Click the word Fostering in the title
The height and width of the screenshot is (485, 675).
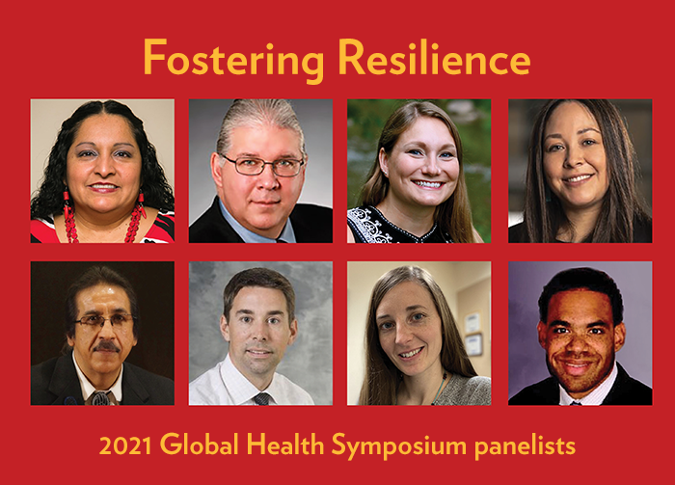point(233,60)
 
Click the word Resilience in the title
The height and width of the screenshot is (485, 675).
point(434,57)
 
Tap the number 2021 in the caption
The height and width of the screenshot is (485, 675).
point(125,445)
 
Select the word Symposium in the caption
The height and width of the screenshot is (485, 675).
point(399,447)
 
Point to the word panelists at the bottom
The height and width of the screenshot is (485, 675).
point(526,446)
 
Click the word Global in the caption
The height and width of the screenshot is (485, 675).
point(200,445)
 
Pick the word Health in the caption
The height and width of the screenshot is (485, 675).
point(285,445)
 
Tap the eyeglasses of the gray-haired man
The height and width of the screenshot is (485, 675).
point(262,165)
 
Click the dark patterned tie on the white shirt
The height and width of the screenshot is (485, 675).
point(261,399)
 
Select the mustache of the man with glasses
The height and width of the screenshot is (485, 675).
point(106,346)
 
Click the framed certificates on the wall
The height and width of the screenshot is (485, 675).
point(473,334)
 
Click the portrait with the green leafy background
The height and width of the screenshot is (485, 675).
point(418,171)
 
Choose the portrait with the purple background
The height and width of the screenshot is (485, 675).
point(580,333)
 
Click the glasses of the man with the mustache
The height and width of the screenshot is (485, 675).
point(104,321)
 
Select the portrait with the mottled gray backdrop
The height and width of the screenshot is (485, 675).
point(260,333)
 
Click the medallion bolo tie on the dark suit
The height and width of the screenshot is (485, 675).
point(100,397)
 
